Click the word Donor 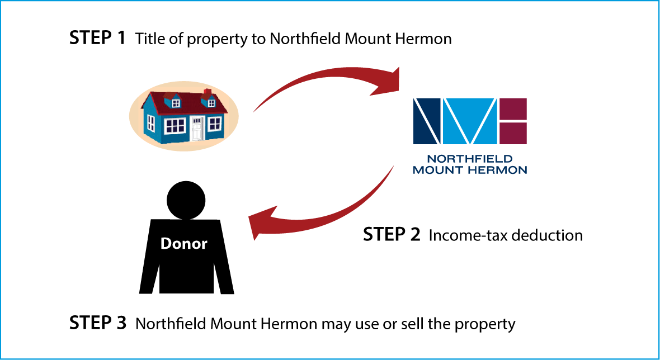pos(183,244)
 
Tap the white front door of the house pos(197,129)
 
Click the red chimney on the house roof pos(207,92)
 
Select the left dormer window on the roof pos(176,103)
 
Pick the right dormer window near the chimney pos(211,103)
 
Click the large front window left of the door pos(175,126)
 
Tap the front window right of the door pos(214,124)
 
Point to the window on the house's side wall pos(151,123)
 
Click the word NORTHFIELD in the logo pos(469,159)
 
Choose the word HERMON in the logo pos(497,169)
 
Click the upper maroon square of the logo pos(513,108)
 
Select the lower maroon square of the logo pos(513,133)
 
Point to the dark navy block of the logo pos(426,120)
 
